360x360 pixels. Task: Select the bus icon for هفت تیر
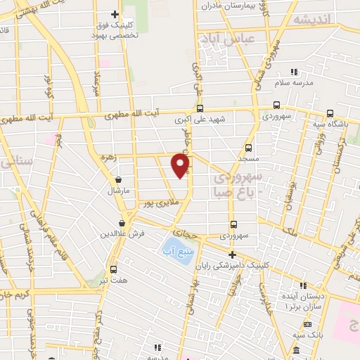click(113, 269)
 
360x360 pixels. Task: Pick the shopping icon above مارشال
click(117, 179)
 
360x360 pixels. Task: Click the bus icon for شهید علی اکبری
click(200, 108)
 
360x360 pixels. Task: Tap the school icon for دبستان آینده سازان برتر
click(303, 285)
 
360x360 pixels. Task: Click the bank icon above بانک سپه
click(307, 323)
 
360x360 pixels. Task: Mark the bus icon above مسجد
click(247, 148)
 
